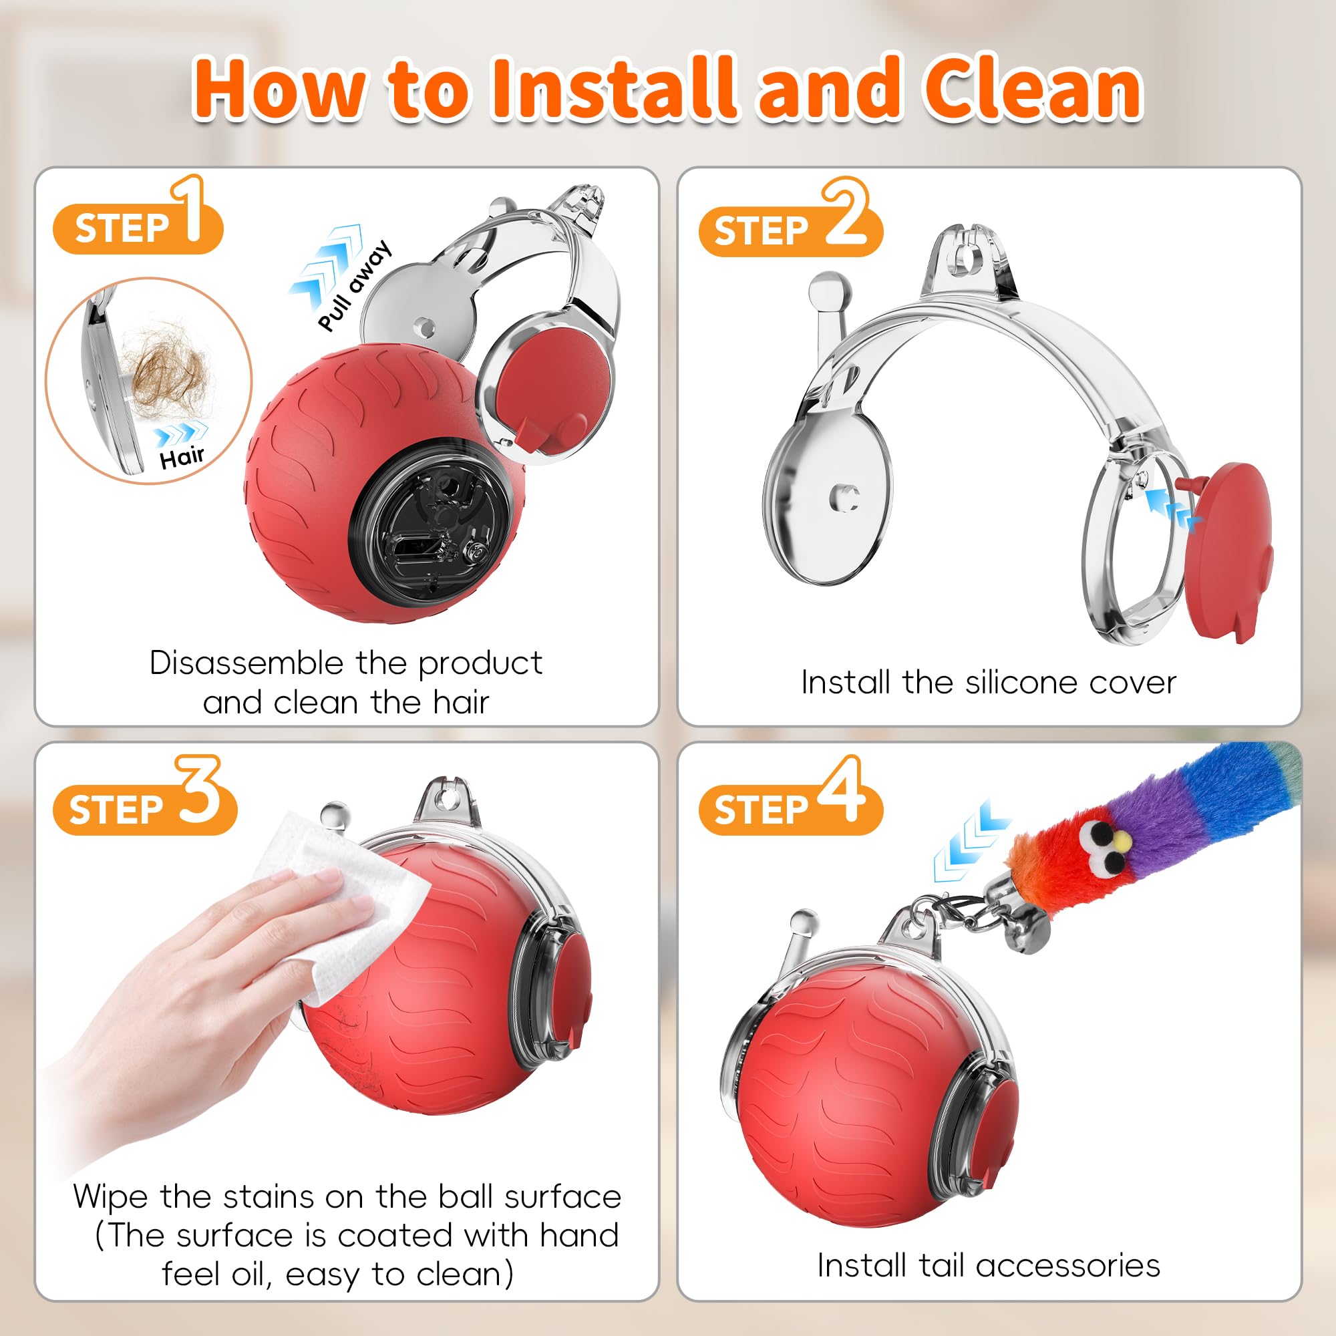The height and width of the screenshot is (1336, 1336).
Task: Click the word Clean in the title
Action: pyautogui.click(x=1033, y=90)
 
